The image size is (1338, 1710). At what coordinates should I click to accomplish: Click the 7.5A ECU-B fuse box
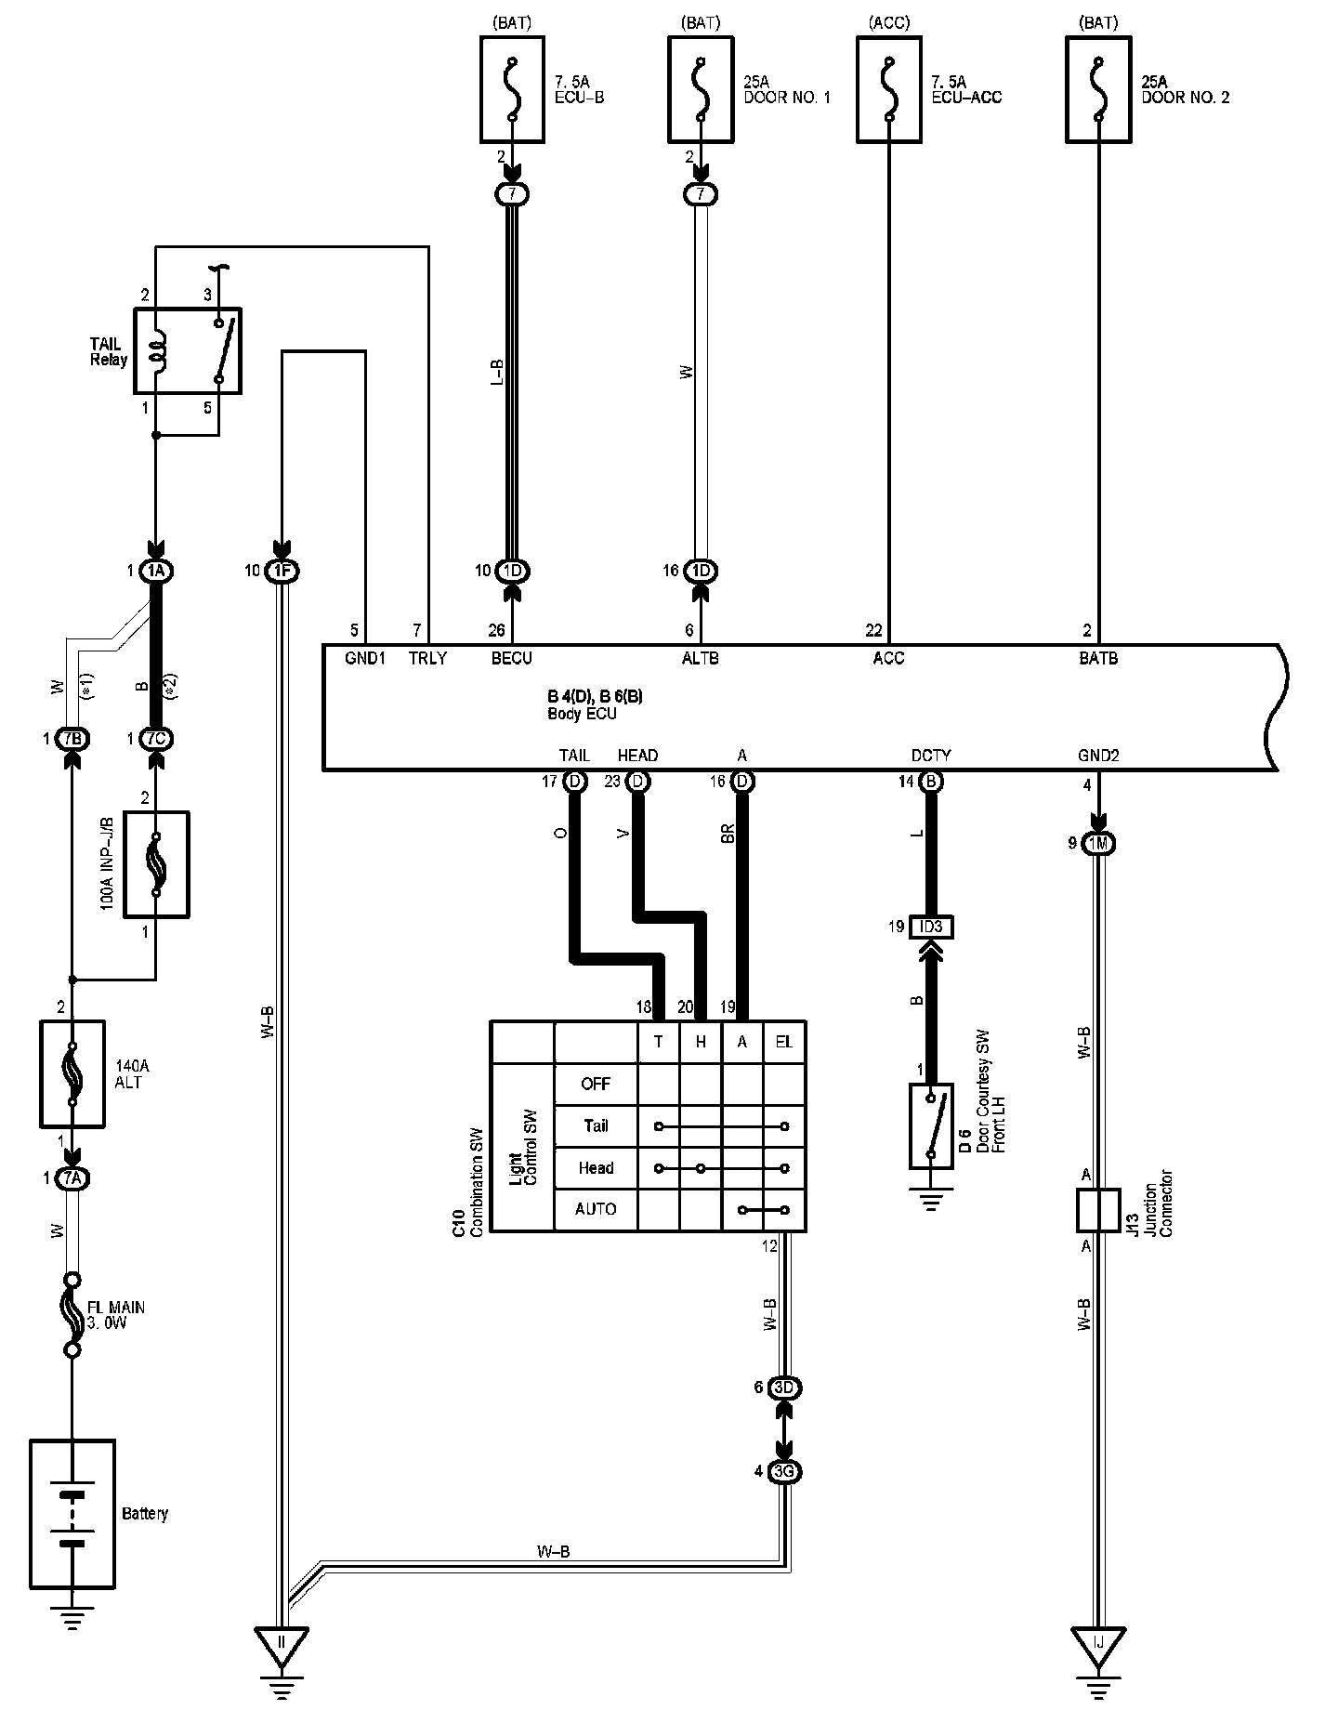click(x=513, y=89)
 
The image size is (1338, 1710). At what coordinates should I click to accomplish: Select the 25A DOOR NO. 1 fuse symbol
click(x=701, y=89)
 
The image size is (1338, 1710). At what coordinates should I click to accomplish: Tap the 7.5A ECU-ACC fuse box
click(x=889, y=89)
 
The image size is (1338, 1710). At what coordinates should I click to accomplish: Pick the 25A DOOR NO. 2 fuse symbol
click(x=1099, y=89)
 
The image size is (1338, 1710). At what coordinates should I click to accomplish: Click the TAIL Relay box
click(x=188, y=350)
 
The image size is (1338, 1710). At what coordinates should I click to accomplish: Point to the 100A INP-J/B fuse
click(x=155, y=864)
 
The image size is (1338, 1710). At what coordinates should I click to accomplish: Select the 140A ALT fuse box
click(x=72, y=1073)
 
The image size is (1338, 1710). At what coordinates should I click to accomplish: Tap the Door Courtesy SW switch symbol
click(x=931, y=1125)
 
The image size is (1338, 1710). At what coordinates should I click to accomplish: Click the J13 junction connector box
click(x=1098, y=1210)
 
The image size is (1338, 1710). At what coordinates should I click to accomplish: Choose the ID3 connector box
click(x=931, y=927)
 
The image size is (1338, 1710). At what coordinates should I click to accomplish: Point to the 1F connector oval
click(x=282, y=572)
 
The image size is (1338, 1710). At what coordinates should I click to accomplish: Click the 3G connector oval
click(x=784, y=1472)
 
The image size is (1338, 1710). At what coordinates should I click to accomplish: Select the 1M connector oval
click(x=1099, y=844)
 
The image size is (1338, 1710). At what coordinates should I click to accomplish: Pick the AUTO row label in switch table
click(x=596, y=1209)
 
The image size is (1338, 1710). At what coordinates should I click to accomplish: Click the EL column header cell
click(x=784, y=1042)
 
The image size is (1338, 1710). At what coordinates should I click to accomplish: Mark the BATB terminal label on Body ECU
click(x=1098, y=659)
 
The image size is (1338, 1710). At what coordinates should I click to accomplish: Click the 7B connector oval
click(x=72, y=739)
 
